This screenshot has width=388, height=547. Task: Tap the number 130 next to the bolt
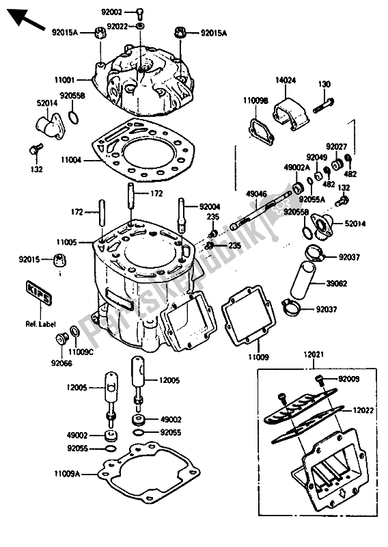(324, 84)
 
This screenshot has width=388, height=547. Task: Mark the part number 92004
(210, 206)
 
